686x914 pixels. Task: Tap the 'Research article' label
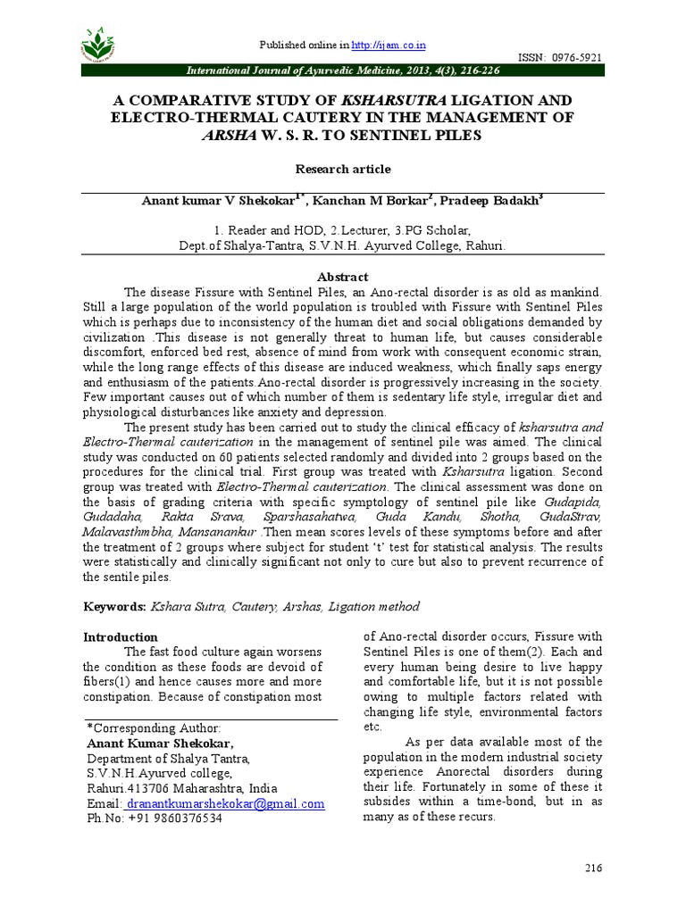tap(342, 169)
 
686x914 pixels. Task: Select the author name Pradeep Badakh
tap(495, 201)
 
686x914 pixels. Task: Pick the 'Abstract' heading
tap(342, 277)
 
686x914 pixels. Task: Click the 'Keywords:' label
tap(114, 607)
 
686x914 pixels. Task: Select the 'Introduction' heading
tap(120, 637)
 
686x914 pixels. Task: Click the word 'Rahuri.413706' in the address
tap(127, 789)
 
